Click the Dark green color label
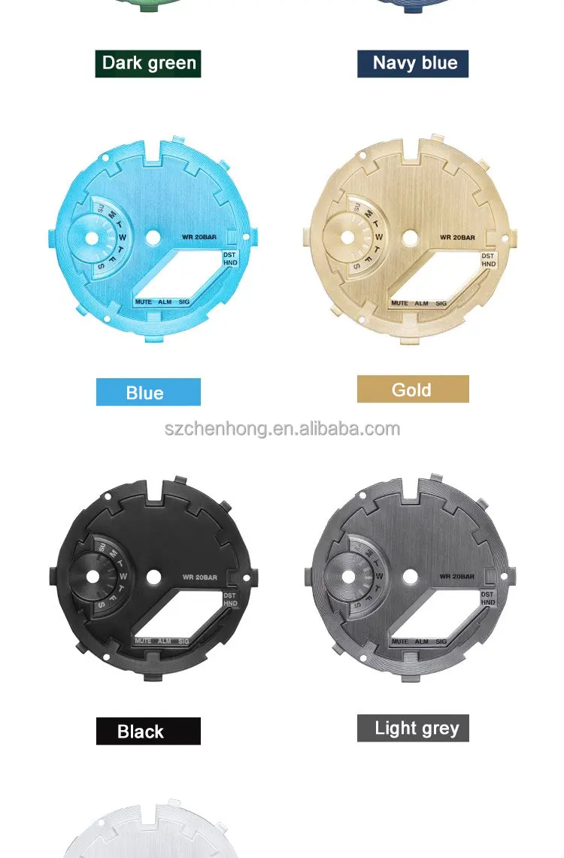click(148, 63)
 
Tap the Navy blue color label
click(413, 63)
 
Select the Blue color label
click(148, 393)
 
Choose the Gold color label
click(413, 390)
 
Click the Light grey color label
click(413, 728)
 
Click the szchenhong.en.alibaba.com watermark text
click(282, 429)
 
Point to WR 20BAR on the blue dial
click(199, 238)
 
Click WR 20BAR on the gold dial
click(458, 238)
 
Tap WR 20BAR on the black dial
click(199, 578)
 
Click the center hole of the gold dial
click(410, 238)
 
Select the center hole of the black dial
click(153, 578)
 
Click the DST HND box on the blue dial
click(230, 259)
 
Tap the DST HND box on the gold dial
click(489, 260)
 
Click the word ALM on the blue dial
click(165, 302)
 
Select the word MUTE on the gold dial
click(399, 303)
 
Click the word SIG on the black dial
click(184, 641)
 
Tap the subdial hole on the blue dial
click(92, 238)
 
